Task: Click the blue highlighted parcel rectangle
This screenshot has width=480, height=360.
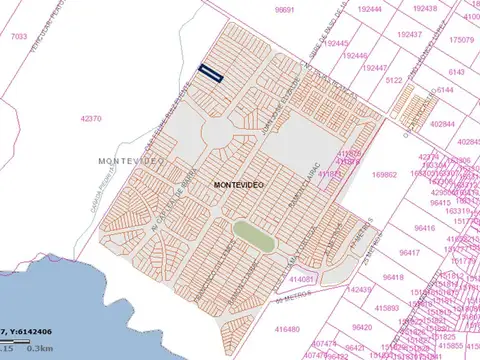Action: tap(210, 71)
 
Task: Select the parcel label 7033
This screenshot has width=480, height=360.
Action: tap(19, 36)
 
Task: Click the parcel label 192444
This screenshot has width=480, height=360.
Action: tap(370, 9)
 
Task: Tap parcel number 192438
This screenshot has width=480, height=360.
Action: tap(424, 8)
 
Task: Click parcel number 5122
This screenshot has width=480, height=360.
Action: tap(394, 79)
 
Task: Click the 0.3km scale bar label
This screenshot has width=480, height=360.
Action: tap(40, 348)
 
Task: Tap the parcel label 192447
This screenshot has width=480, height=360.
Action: tap(374, 68)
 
